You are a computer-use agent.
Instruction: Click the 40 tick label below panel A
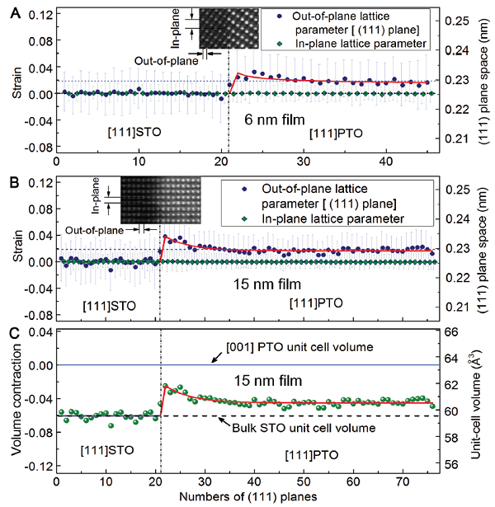(x=365, y=162)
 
